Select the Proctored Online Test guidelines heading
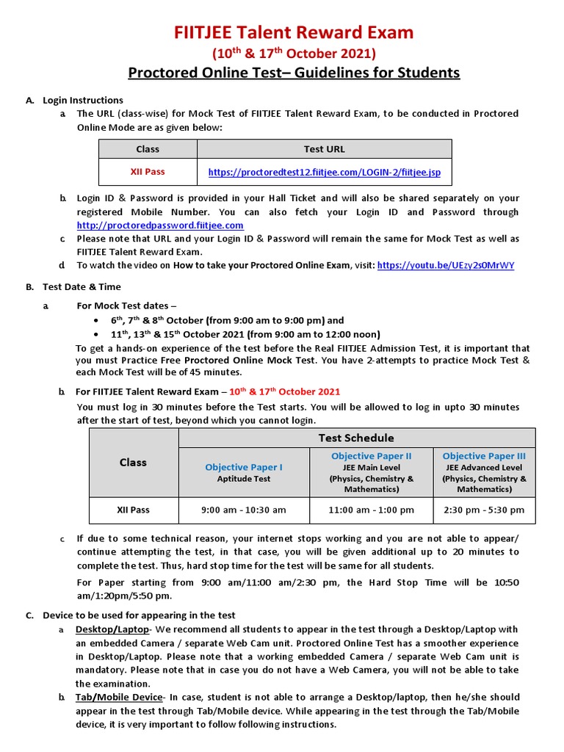click(294, 73)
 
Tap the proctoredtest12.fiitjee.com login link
click(325, 172)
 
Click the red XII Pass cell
click(148, 171)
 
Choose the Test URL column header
click(325, 149)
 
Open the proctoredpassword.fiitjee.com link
click(160, 225)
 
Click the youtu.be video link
click(446, 265)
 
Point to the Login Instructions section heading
click(83, 100)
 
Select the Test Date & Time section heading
click(82, 287)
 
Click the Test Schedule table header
click(356, 438)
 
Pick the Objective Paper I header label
click(244, 467)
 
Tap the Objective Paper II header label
click(372, 456)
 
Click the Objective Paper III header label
click(484, 456)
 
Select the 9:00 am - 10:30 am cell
click(244, 510)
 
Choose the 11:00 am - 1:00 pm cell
click(372, 510)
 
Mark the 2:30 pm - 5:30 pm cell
click(484, 510)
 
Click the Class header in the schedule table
click(133, 463)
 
